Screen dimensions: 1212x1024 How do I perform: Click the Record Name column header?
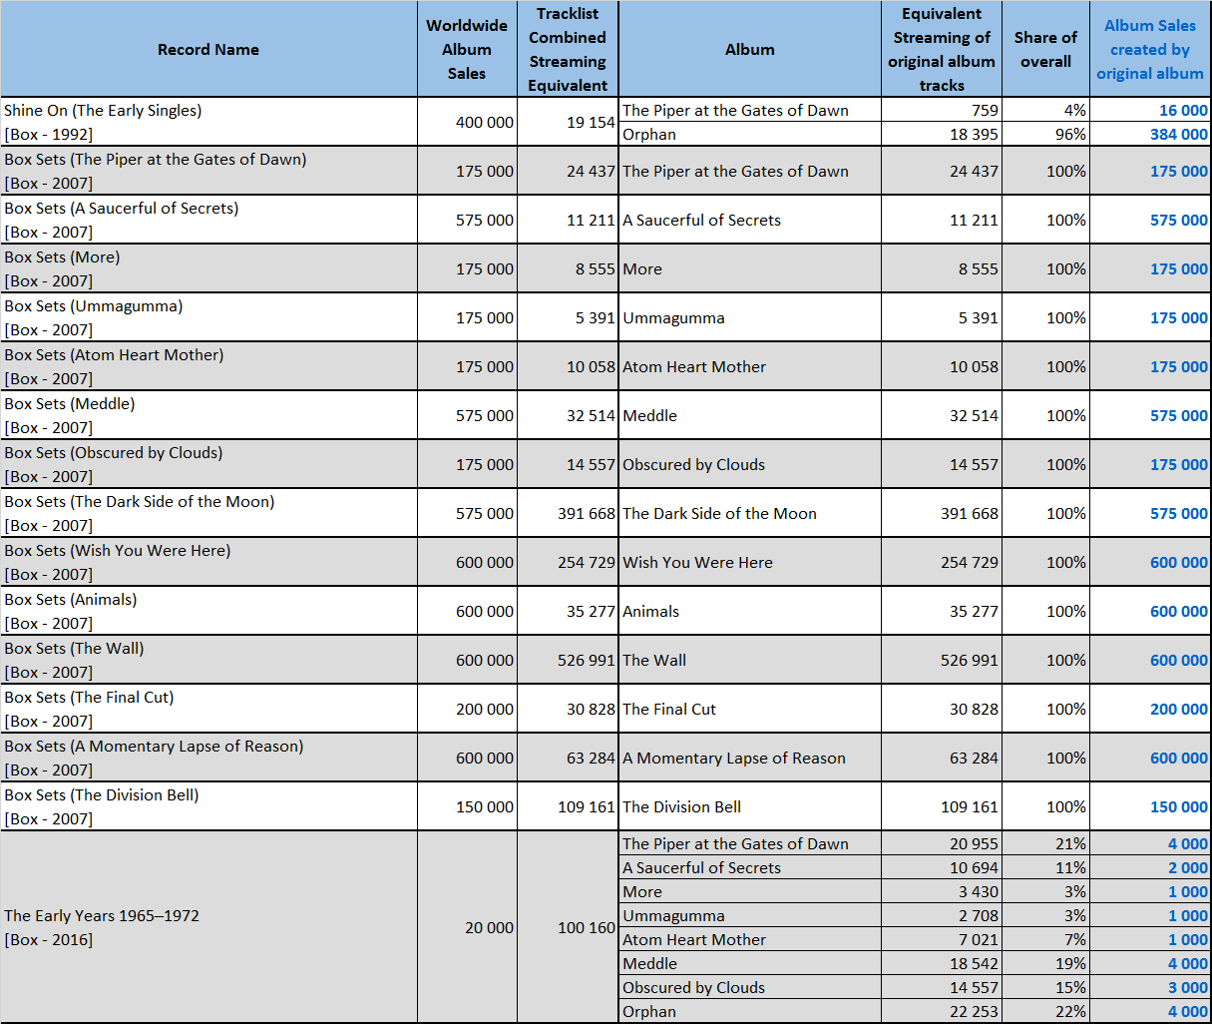(208, 49)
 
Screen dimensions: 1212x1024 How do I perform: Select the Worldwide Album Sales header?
(467, 49)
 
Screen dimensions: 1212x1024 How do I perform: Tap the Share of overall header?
(1045, 49)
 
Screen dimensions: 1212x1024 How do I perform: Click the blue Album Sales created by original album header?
(1150, 49)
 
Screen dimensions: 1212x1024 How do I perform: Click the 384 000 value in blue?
(1179, 134)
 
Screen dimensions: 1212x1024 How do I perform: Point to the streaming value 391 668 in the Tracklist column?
(587, 513)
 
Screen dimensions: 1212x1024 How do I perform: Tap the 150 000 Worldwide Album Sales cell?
(485, 806)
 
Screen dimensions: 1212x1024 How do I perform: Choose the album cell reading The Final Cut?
(669, 710)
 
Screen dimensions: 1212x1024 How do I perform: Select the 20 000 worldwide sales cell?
(489, 927)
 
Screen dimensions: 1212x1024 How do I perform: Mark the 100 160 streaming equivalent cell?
(587, 927)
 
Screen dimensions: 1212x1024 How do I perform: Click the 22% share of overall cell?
(1070, 1012)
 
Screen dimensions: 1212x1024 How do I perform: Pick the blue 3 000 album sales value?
(1188, 987)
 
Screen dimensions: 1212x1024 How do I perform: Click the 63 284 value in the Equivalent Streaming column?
(974, 758)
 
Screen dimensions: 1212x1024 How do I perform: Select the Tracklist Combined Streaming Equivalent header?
(568, 49)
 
